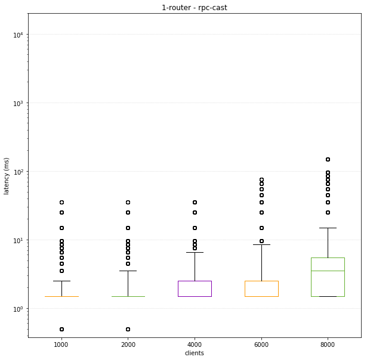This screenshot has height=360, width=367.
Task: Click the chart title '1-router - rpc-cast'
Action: tap(195, 8)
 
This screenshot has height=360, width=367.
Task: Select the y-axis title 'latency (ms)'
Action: tap(7, 176)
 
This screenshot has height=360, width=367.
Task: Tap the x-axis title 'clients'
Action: tap(195, 353)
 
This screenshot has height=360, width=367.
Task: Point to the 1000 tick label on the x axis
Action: tap(61, 345)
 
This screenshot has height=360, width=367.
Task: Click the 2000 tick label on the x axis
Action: tap(128, 345)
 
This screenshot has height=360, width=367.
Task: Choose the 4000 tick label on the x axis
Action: tap(195, 345)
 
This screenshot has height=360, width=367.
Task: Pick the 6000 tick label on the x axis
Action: tap(261, 345)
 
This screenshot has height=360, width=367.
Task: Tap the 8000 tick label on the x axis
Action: tap(328, 345)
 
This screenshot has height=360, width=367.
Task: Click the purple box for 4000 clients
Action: tap(195, 288)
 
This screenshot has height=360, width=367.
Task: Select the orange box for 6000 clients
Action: tap(261, 288)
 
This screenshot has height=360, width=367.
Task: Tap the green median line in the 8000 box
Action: tap(328, 271)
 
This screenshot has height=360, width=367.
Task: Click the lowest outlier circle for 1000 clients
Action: tap(61, 329)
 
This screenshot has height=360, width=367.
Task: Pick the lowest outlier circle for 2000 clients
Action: tap(128, 329)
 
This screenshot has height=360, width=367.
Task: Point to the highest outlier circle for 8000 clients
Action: tap(328, 159)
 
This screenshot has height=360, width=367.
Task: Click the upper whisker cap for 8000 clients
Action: tap(328, 228)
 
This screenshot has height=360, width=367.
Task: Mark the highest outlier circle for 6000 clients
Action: tap(261, 180)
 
